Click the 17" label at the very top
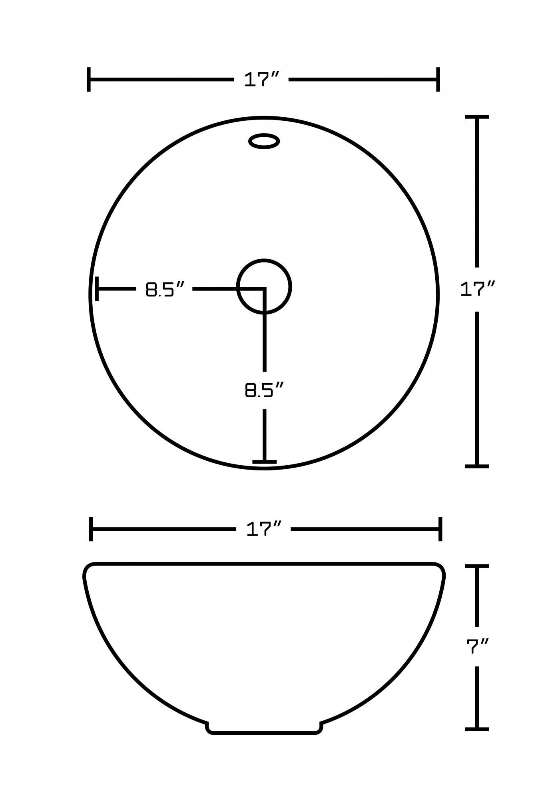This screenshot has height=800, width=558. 261,80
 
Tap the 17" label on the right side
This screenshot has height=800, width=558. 477,289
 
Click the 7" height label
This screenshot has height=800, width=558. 478,646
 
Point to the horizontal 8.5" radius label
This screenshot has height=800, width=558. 165,289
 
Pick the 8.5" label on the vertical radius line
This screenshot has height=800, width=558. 264,390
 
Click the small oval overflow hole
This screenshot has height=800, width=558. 264,141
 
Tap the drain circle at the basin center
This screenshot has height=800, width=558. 264,286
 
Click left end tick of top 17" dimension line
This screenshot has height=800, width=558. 88,80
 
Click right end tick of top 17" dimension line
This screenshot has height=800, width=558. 438,80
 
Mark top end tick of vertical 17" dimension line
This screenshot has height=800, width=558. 477,117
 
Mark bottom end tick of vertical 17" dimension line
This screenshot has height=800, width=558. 477,466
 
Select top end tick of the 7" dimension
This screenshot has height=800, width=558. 477,566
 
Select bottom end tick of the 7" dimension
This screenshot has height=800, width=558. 477,729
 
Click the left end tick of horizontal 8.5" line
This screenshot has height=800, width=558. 97,288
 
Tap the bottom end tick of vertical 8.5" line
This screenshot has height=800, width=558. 264,461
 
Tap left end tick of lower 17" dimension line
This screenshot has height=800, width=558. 91,529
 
